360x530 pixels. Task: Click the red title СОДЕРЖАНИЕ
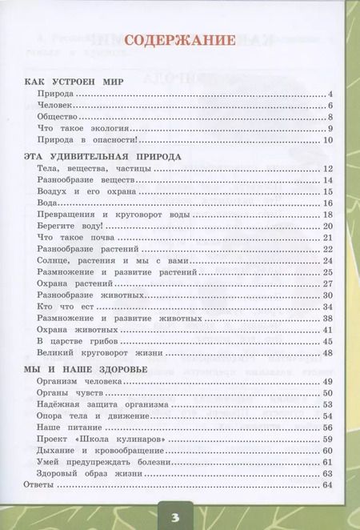click(178, 41)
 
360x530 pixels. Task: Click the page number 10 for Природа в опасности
click(326, 141)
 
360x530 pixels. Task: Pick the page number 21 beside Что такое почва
click(326, 239)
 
